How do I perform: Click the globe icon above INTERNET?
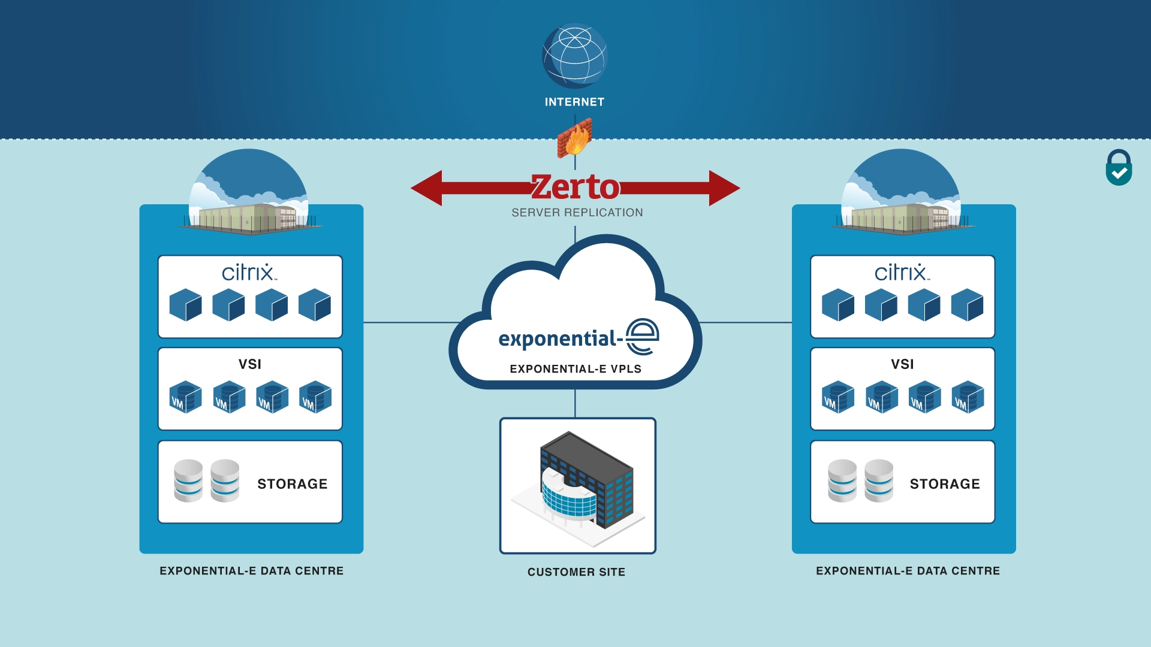(x=574, y=56)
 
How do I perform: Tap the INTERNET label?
(x=574, y=102)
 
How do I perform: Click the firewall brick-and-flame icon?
(x=575, y=138)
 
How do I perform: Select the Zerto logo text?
(x=575, y=187)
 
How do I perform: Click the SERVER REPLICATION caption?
(x=577, y=213)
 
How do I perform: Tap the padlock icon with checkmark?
(x=1119, y=168)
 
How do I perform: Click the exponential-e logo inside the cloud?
(x=578, y=338)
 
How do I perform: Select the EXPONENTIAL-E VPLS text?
(x=575, y=369)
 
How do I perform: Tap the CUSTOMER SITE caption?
(x=576, y=572)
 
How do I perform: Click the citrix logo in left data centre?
(x=249, y=273)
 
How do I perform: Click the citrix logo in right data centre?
(x=902, y=273)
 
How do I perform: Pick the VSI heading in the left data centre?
(x=250, y=364)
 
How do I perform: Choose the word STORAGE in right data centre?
(x=945, y=484)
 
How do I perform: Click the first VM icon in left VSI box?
(x=185, y=397)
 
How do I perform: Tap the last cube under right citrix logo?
(x=967, y=305)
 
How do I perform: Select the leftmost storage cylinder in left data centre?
(x=188, y=480)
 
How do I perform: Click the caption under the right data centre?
(x=908, y=571)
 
